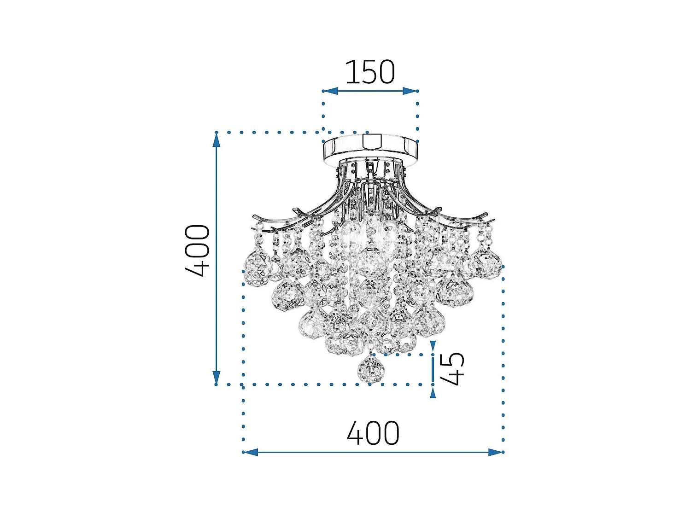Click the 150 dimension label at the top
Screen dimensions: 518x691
(x=370, y=72)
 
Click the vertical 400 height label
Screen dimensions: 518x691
(x=198, y=250)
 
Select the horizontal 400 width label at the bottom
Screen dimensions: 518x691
(x=373, y=433)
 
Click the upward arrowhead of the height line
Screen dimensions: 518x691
(x=216, y=140)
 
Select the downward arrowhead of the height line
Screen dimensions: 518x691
(x=216, y=378)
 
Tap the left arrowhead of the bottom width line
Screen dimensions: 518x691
(x=251, y=452)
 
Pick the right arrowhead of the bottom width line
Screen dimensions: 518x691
(x=496, y=452)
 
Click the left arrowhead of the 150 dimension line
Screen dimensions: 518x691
(x=330, y=91)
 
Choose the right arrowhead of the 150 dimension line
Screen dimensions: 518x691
(x=410, y=91)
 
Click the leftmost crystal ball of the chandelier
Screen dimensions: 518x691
(x=256, y=268)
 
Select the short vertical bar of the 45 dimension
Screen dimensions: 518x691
(x=433, y=369)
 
